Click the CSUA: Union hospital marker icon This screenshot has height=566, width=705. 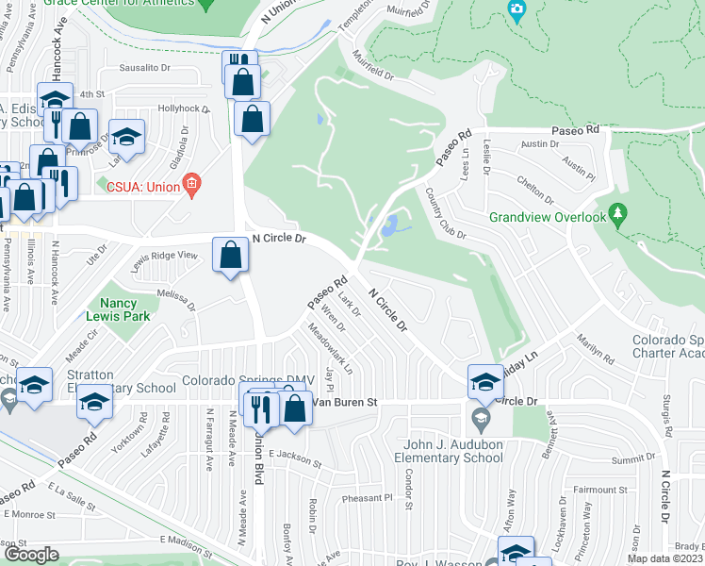click(191, 183)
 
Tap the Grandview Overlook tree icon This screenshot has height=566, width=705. click(617, 217)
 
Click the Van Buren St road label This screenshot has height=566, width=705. click(345, 402)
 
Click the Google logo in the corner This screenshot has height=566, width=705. click(30, 555)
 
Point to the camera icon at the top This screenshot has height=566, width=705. click(516, 11)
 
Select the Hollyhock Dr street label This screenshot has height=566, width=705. click(183, 109)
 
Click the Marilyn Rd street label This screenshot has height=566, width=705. click(595, 351)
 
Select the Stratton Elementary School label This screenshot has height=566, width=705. click(107, 380)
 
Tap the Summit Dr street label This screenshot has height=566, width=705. click(631, 458)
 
